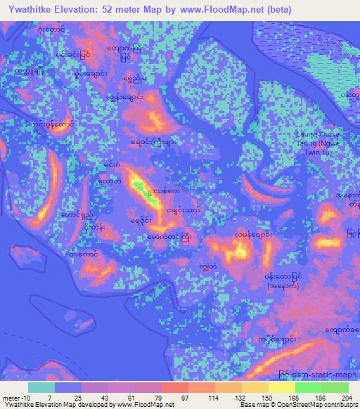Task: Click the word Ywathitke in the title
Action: [x=37, y=9]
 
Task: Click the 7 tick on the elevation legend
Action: [x=55, y=397]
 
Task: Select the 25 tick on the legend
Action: [x=82, y=397]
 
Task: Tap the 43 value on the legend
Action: [x=108, y=397]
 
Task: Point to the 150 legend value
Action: [x=267, y=397]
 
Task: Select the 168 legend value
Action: [x=293, y=397]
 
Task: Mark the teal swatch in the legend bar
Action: [x=41, y=387]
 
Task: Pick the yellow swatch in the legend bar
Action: [x=282, y=387]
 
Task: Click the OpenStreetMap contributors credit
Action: [x=317, y=405]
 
